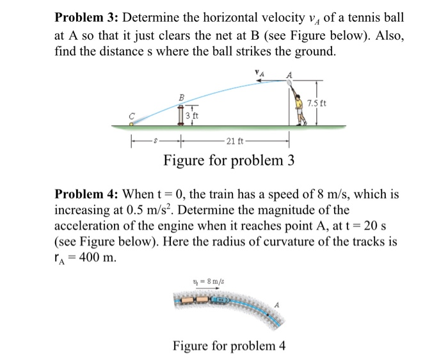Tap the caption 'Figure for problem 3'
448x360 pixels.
pos(228,160)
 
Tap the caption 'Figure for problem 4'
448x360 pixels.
pos(228,346)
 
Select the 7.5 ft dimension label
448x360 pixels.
pos(318,104)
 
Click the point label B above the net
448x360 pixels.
pos(182,97)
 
